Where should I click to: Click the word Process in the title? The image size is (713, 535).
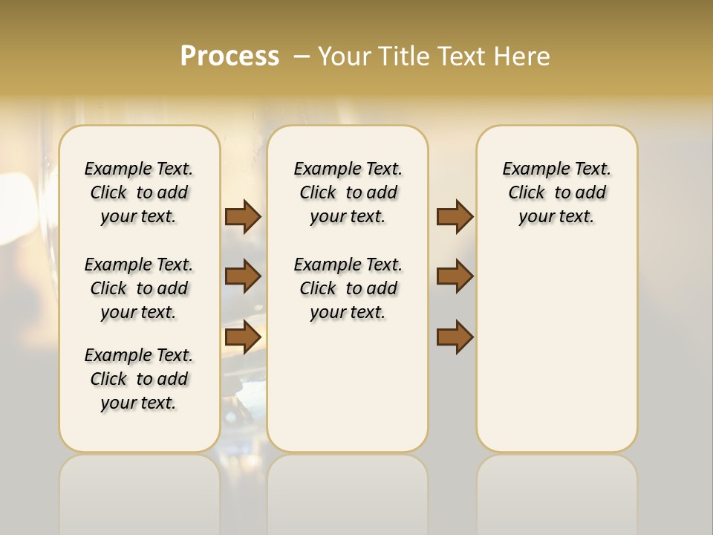click(x=229, y=56)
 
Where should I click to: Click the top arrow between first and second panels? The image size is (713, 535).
click(x=243, y=217)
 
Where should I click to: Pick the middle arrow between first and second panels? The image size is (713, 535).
click(x=243, y=276)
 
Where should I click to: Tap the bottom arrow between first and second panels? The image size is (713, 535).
click(x=243, y=337)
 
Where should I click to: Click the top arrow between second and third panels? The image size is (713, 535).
click(x=455, y=217)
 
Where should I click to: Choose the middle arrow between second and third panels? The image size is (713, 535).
click(x=455, y=276)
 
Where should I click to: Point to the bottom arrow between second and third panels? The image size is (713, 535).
click(x=455, y=337)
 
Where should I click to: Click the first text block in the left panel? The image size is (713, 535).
click(x=139, y=192)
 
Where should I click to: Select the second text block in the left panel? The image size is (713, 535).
click(x=139, y=288)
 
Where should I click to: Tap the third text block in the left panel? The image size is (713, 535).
click(x=139, y=379)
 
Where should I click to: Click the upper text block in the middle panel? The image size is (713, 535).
click(x=348, y=192)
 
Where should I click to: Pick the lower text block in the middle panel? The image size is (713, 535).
click(x=348, y=288)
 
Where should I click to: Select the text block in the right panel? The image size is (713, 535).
click(x=556, y=192)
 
